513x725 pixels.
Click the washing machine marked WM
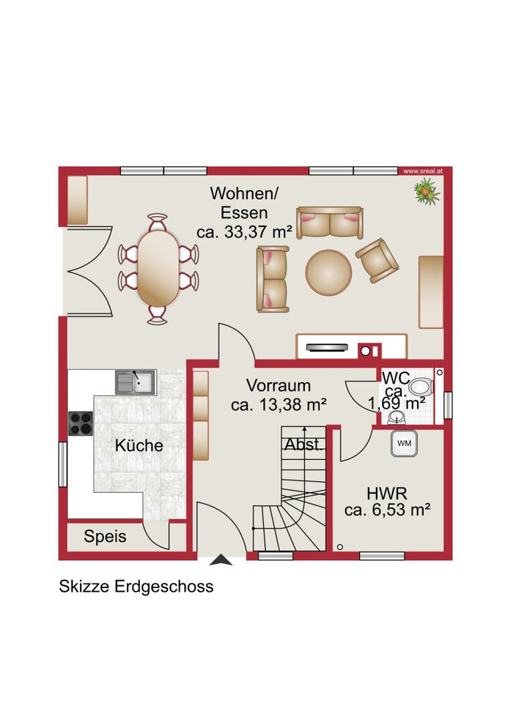point(404,443)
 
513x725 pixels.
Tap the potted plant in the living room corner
point(427,192)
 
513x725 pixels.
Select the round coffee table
point(329,272)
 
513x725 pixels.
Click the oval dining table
point(158,268)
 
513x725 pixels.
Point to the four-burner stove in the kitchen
point(80,423)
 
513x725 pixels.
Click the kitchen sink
point(136,382)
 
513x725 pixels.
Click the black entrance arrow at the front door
point(221,559)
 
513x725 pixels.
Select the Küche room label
point(139,446)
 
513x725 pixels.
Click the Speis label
point(105,536)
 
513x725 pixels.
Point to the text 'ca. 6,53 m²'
point(388,510)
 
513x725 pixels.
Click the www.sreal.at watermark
point(423,171)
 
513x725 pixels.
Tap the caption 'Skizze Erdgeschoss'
point(136,587)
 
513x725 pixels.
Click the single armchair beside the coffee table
point(377,260)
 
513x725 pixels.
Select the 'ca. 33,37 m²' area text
point(244,231)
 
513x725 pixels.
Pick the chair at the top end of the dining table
point(158,222)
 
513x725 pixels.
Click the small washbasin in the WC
point(396,418)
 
